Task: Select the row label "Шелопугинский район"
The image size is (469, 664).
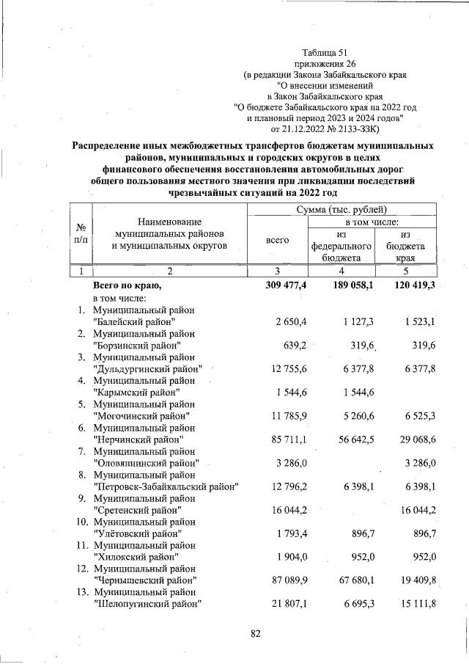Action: (x=147, y=604)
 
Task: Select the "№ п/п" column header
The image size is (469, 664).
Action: (x=81, y=234)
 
